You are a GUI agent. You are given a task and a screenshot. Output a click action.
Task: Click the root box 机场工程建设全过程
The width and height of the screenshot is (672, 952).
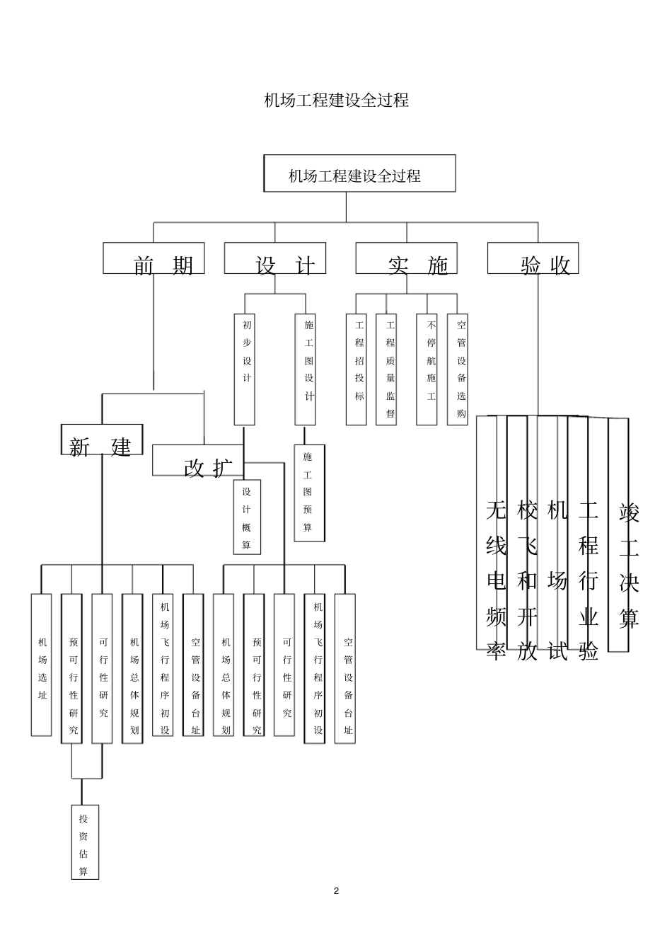click(359, 174)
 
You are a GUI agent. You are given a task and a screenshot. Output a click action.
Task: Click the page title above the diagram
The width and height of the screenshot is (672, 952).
click(336, 100)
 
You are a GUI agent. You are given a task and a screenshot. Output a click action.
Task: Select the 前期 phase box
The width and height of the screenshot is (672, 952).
click(153, 258)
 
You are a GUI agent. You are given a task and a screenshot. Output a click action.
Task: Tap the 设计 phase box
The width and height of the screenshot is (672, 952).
click(275, 258)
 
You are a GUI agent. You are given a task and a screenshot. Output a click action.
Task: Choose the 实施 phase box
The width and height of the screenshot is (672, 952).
click(406, 258)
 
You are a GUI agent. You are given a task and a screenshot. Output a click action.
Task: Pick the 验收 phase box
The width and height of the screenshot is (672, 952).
click(533, 258)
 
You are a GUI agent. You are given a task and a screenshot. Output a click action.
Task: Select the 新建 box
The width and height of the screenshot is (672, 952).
click(101, 440)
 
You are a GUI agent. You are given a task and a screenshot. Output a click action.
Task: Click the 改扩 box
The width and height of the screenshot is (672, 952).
click(198, 460)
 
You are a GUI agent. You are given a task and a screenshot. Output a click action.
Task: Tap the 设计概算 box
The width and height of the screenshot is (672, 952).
click(247, 517)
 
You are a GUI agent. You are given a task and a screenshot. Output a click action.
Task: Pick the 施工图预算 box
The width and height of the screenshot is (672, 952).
click(309, 493)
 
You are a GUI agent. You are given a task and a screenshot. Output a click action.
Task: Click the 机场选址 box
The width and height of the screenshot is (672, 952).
click(42, 665)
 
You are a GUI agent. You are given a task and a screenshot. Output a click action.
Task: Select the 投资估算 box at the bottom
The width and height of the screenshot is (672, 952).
click(85, 842)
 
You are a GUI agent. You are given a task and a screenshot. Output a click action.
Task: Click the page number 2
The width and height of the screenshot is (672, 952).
click(336, 890)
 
